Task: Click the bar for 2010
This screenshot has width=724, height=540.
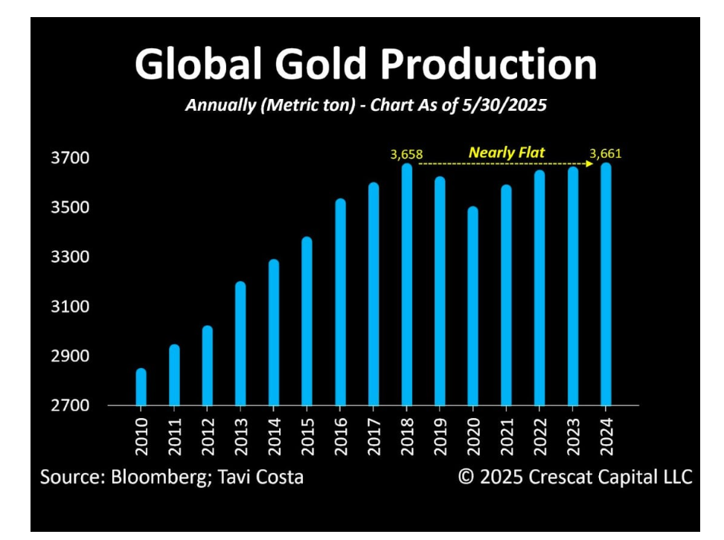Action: point(141,387)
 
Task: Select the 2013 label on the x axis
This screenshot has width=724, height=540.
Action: point(240,436)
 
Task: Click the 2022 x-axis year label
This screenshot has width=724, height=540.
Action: point(539,436)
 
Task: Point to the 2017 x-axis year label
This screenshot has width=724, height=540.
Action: point(374,436)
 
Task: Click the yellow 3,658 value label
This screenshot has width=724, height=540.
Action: point(406,155)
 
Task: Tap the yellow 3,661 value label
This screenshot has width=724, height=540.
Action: point(605,154)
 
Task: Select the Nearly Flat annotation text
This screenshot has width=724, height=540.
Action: point(507,152)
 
